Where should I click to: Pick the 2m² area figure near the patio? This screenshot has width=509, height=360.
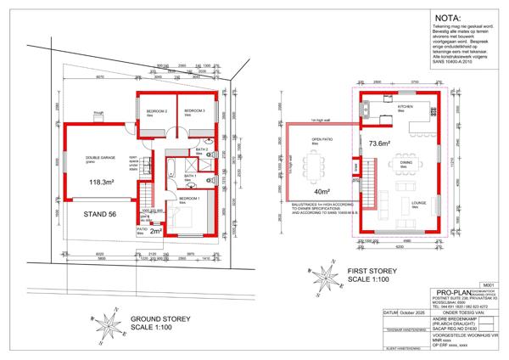(x=155, y=229)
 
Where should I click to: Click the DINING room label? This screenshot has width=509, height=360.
(x=406, y=162)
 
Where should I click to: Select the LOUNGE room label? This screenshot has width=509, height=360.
(x=418, y=203)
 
